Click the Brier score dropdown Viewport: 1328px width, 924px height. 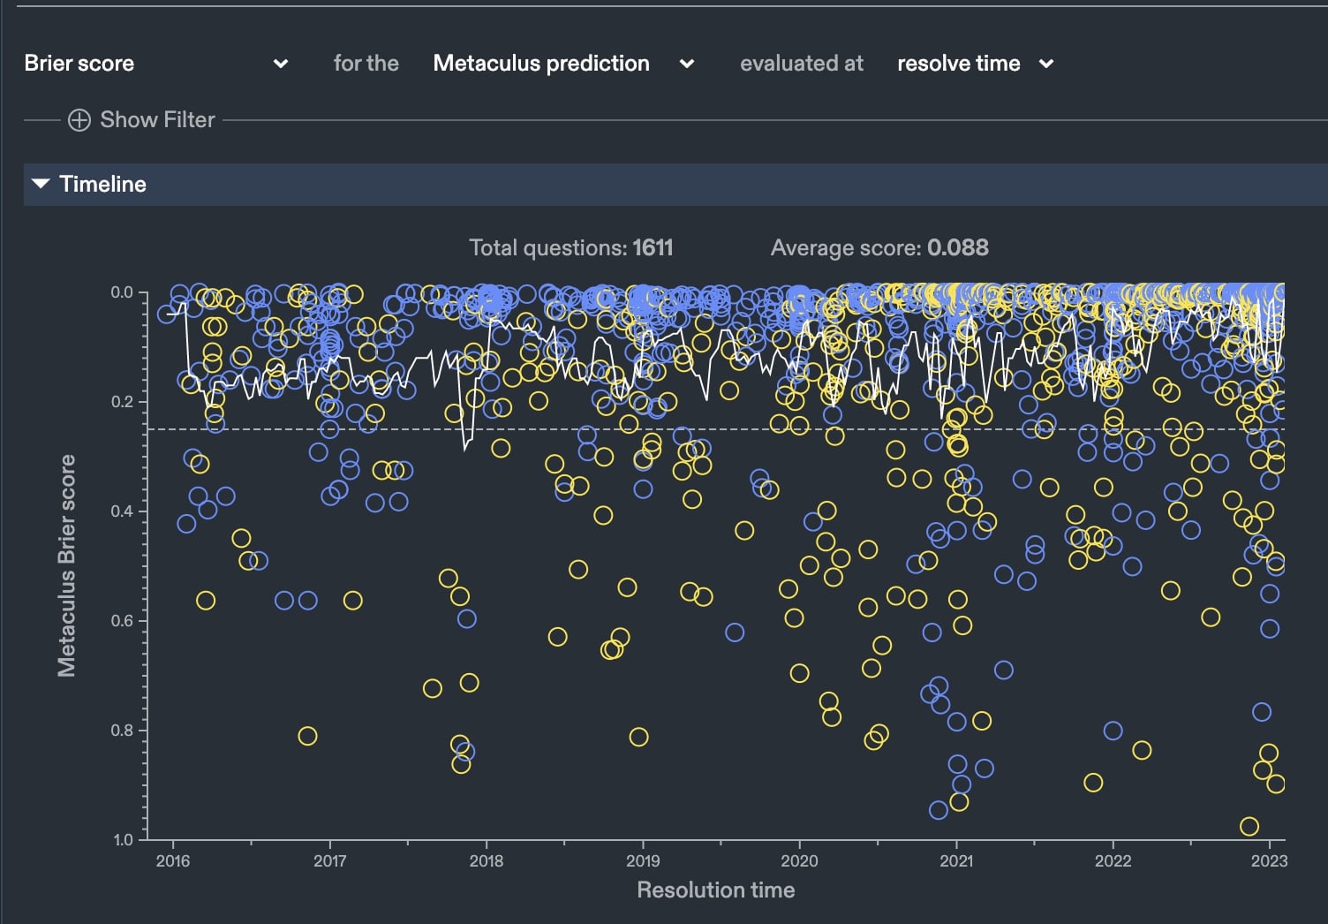pos(155,64)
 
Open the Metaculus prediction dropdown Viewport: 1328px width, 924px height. pos(562,64)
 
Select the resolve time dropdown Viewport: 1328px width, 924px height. pos(975,64)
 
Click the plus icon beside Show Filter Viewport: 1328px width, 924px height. pos(79,120)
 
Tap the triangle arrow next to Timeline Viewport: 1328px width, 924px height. pos(41,184)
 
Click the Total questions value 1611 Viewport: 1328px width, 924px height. pos(653,248)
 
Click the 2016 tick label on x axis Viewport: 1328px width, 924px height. pos(172,861)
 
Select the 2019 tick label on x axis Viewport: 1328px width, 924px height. pos(643,861)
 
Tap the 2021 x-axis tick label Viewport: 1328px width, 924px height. pos(956,861)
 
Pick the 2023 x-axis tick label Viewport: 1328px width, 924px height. pos(1269,861)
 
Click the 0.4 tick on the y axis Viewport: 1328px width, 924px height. pos(122,511)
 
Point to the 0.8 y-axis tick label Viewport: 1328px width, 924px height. pos(122,731)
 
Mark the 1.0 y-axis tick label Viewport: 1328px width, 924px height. pos(122,840)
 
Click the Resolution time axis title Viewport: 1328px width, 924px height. pos(715,890)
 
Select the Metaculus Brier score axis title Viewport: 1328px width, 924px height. pos(67,566)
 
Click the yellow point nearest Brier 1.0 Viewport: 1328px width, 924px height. pos(1249,827)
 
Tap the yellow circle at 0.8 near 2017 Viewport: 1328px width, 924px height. pos(307,736)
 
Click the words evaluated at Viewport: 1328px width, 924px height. pos(802,64)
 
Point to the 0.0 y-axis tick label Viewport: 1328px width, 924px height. pos(122,292)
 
